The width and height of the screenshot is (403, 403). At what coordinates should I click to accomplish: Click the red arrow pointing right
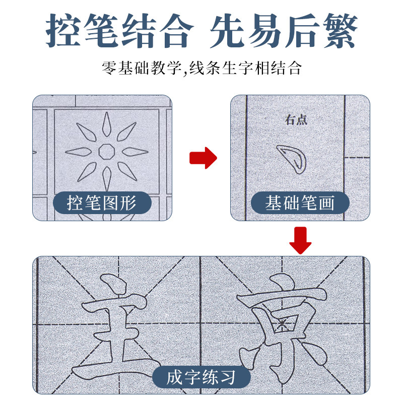click(x=203, y=158)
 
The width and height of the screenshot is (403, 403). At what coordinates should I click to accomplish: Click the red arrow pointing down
click(x=300, y=240)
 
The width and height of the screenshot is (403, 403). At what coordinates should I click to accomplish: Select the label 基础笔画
click(x=300, y=203)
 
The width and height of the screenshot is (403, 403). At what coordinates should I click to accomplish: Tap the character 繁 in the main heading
click(x=340, y=31)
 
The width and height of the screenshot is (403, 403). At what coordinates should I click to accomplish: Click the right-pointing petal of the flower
click(x=135, y=151)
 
